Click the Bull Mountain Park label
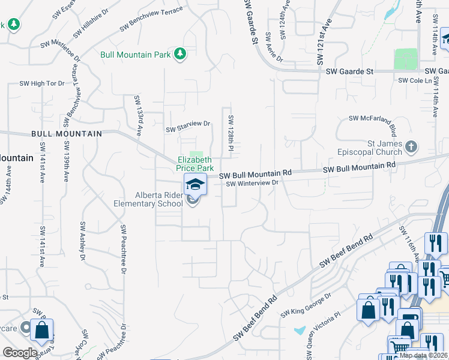click(136, 55)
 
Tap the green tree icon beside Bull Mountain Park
click(179, 55)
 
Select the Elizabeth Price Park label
click(194, 164)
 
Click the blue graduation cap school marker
click(195, 184)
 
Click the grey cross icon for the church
click(411, 146)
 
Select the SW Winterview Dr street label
click(253, 183)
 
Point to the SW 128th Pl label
click(231, 131)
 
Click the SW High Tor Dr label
click(42, 83)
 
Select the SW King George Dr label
click(306, 305)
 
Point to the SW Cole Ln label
click(415, 80)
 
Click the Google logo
click(20, 353)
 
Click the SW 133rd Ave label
click(137, 115)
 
